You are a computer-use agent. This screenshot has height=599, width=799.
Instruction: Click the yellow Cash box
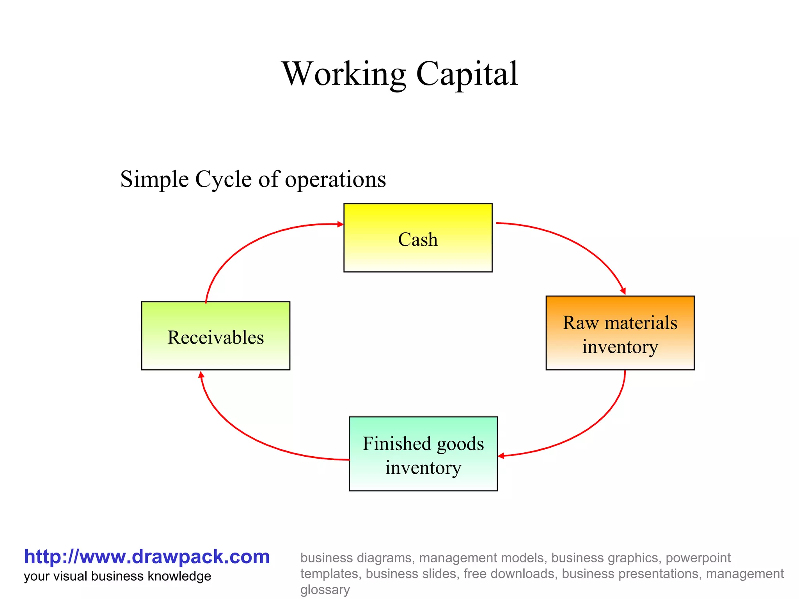417,238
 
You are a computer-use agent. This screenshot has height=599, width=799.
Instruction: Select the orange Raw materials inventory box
620,333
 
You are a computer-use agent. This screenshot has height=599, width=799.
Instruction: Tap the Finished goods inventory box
423,454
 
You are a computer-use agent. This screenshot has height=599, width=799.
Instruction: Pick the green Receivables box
215,336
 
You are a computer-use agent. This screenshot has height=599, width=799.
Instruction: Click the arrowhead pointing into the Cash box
341,224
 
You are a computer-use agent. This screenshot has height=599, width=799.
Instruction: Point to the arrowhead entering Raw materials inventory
623,291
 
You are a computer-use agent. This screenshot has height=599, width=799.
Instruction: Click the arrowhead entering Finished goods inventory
501,455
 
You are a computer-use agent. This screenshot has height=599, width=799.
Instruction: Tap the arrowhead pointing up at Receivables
201,375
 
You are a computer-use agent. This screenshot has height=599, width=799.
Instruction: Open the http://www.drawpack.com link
147,556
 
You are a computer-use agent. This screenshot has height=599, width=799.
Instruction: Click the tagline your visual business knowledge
117,576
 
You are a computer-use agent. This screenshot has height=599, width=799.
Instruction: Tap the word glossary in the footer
325,590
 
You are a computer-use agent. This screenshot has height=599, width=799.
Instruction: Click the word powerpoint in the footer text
698,558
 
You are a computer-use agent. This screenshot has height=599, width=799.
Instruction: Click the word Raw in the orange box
580,323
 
